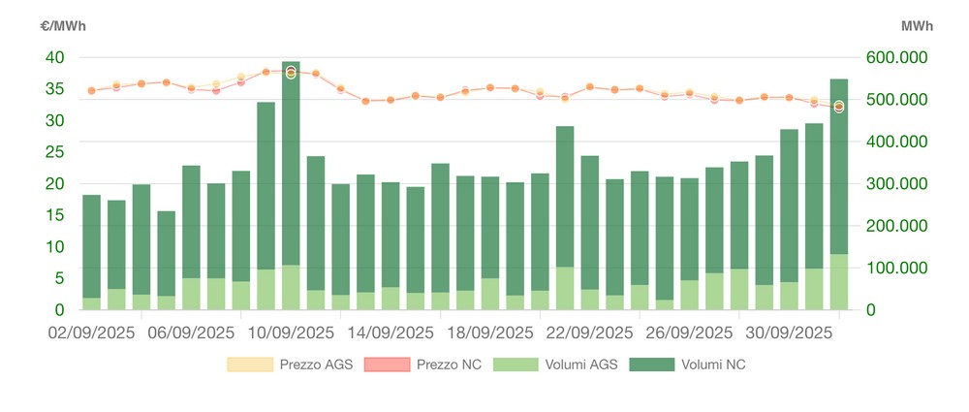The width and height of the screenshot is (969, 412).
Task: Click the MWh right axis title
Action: [x=916, y=26]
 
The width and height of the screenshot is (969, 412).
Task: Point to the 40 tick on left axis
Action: [x=55, y=57]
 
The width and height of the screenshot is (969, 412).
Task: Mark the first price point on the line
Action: [x=91, y=91]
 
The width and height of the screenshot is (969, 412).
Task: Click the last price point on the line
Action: [x=839, y=107]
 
